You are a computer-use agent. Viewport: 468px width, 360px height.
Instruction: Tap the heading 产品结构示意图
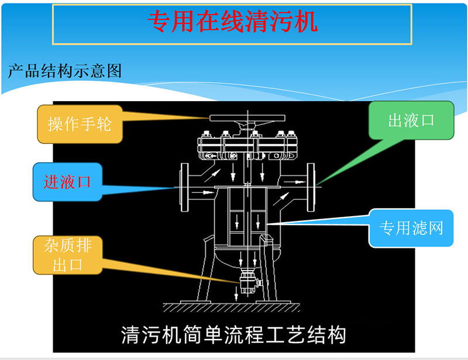[65, 71]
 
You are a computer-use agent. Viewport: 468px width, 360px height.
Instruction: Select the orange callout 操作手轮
[80, 124]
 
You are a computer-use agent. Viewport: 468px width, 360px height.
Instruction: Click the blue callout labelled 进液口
[67, 181]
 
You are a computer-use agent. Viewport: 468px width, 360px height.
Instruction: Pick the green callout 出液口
[411, 120]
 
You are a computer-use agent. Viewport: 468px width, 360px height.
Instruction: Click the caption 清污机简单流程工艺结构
[233, 335]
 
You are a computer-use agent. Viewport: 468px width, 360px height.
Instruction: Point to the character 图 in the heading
[115, 71]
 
